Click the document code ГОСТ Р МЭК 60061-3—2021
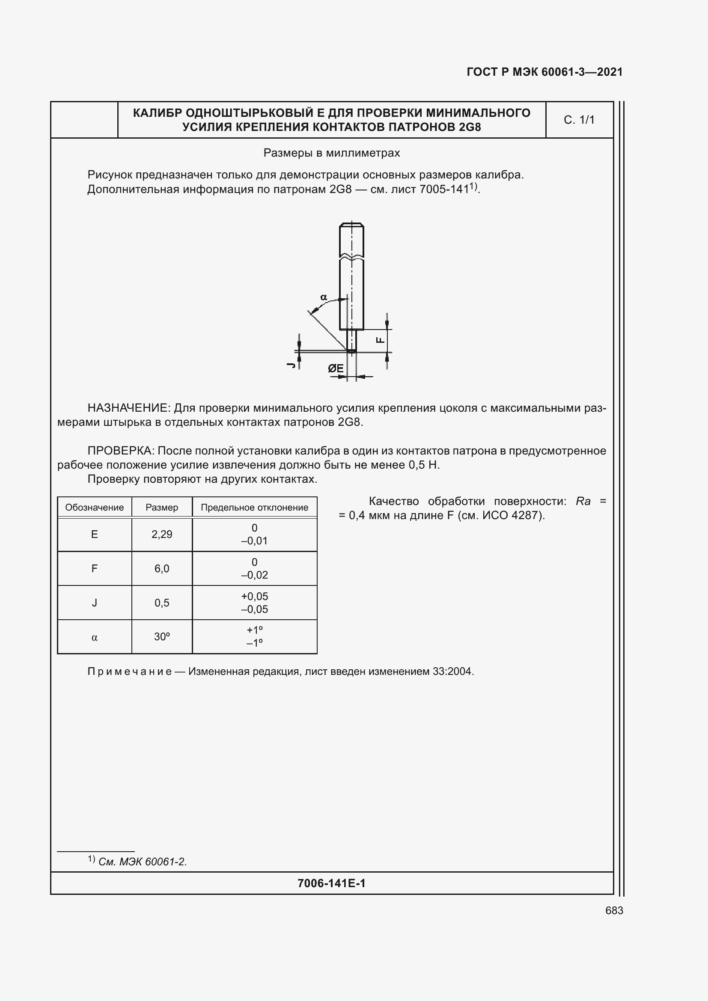coord(544,72)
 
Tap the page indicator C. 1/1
coord(579,120)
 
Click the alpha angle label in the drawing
coord(324,297)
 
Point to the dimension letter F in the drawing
coord(380,340)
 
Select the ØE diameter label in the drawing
coord(335,369)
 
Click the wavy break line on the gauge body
coord(351,257)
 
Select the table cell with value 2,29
coord(162,535)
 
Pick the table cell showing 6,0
coord(162,568)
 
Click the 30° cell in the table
coord(162,637)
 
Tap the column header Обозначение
coord(94,508)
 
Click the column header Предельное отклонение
coord(254,508)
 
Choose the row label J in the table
coord(94,603)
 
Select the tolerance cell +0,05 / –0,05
coord(254,603)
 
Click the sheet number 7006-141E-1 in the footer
coord(331,883)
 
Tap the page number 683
coord(614,910)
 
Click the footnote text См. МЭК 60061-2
coord(143,862)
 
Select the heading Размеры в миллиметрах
coord(331,153)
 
